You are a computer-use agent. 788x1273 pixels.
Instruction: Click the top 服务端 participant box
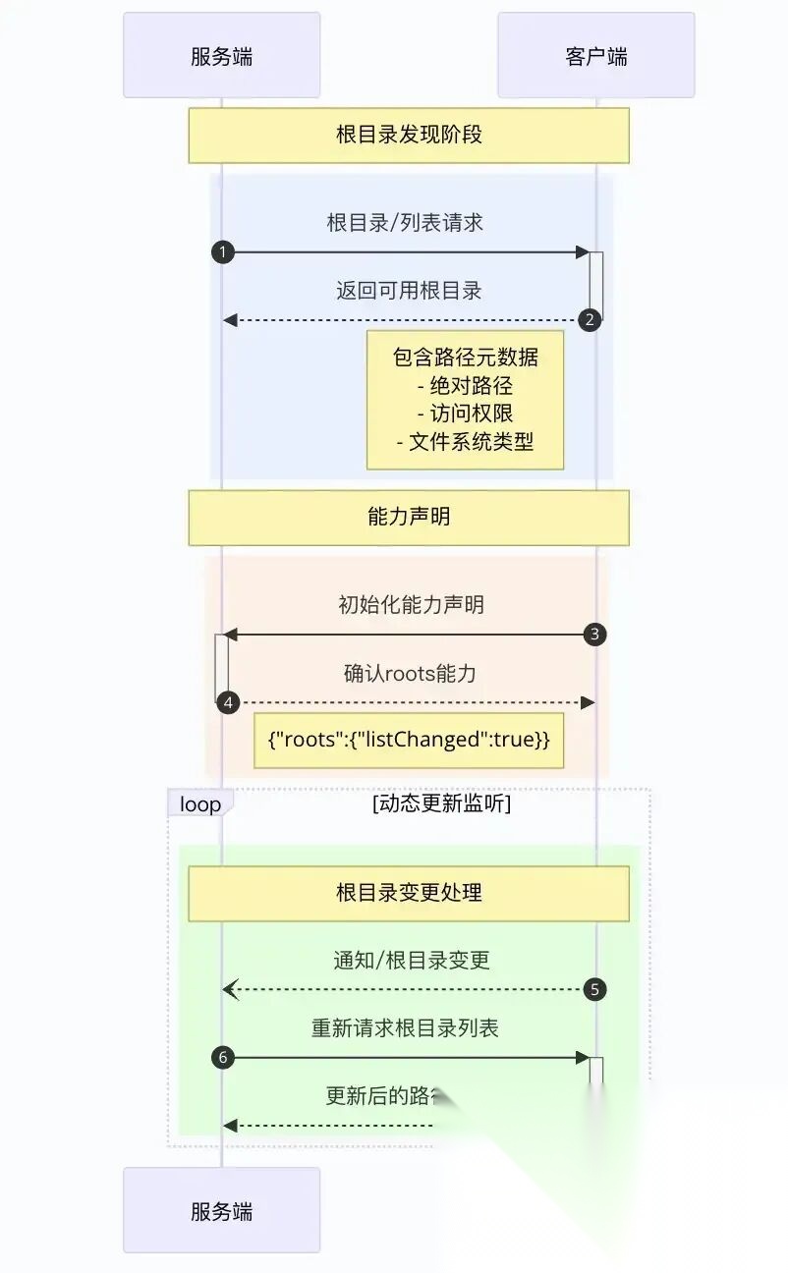221,56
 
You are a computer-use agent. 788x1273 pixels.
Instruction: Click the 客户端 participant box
595,56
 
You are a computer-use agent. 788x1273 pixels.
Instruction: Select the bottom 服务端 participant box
221,1210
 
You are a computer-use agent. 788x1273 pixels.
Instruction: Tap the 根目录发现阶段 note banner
409,135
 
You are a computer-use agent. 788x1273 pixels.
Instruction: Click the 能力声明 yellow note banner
409,517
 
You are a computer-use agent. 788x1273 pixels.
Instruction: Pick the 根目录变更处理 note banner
409,893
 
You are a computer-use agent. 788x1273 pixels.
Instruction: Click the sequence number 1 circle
223,252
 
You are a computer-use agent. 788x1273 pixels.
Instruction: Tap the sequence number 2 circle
590,319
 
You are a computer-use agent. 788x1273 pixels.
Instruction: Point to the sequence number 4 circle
229,702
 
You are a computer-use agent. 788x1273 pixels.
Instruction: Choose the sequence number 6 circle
223,1057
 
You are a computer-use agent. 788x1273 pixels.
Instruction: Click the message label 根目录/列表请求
405,222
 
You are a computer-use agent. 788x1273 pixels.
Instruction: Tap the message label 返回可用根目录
409,290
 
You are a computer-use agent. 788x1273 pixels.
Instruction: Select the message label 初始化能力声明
411,604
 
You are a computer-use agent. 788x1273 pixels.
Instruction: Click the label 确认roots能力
410,673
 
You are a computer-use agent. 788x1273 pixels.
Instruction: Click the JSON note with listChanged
409,740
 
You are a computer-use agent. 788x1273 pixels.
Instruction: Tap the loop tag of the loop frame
200,804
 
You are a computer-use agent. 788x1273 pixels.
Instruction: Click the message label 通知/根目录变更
411,960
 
